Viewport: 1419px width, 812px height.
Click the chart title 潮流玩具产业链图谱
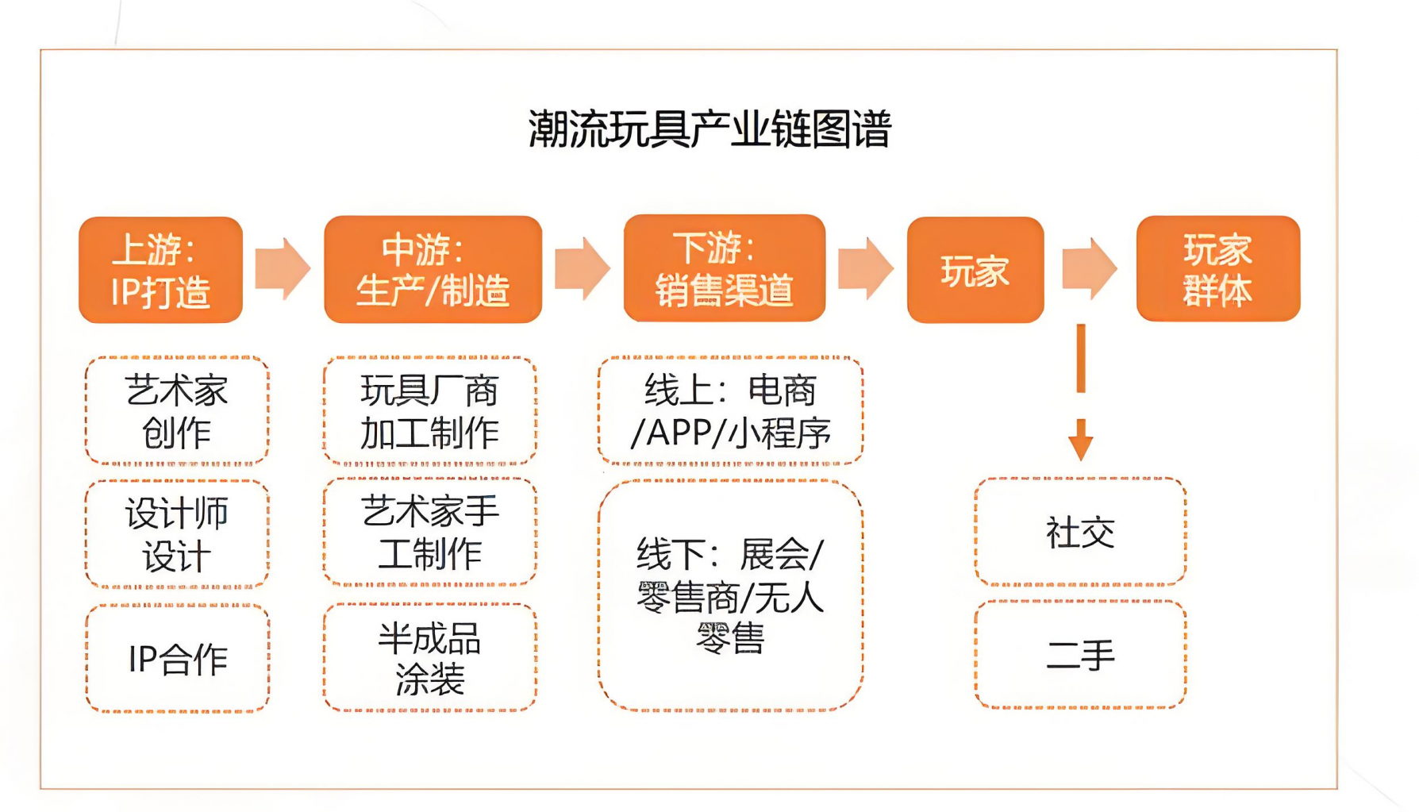pyautogui.click(x=710, y=129)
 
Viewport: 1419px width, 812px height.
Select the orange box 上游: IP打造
pyautogui.click(x=161, y=270)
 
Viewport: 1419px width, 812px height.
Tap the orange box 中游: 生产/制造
pyautogui.click(x=433, y=269)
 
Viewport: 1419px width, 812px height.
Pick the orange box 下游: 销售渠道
pyautogui.click(x=725, y=268)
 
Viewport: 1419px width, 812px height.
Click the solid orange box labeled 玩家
pyautogui.click(x=975, y=270)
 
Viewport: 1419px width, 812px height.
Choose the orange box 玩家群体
pyautogui.click(x=1218, y=269)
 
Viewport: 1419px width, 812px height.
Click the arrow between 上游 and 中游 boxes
pyautogui.click(x=283, y=269)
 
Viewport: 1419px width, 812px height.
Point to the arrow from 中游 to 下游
pyautogui.click(x=583, y=268)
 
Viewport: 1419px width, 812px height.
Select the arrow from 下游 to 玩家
pyautogui.click(x=866, y=268)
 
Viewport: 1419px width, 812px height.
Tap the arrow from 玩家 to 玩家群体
pyautogui.click(x=1090, y=268)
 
